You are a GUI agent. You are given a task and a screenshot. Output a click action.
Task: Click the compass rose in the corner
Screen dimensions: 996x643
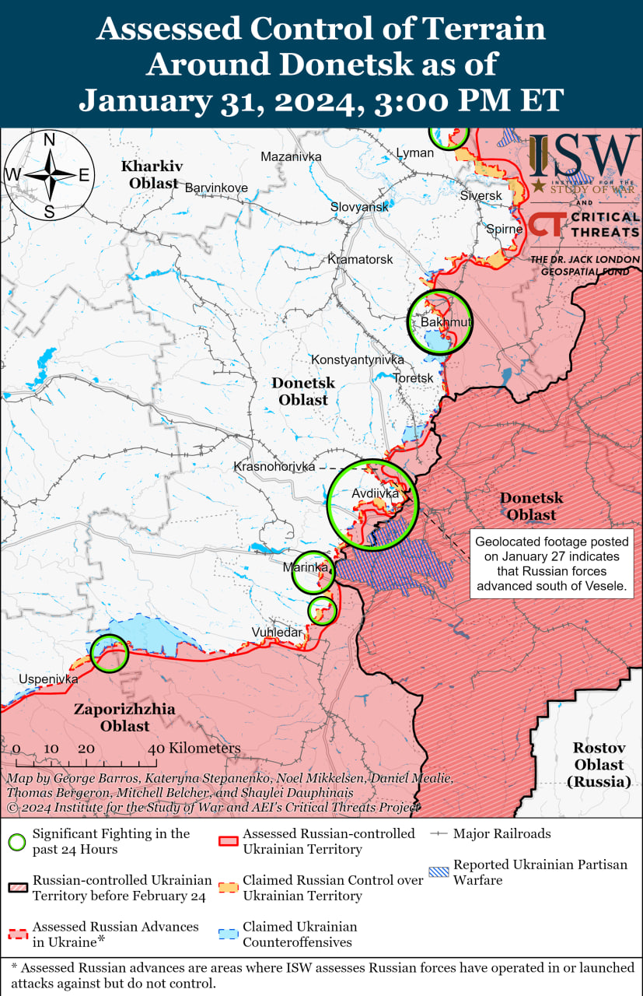[x=48, y=175]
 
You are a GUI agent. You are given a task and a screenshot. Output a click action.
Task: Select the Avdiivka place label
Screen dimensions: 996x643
[x=375, y=493]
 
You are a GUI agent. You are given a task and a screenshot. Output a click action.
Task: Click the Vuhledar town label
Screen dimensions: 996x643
[x=276, y=632]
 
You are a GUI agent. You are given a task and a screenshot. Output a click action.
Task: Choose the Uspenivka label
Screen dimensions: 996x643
[x=49, y=679]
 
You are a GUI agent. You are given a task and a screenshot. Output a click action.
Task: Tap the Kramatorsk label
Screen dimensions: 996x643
[x=361, y=259]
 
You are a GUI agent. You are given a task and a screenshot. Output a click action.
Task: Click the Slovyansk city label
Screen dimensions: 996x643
[x=359, y=207]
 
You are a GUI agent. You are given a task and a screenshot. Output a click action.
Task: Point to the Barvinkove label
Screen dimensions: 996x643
[x=216, y=188]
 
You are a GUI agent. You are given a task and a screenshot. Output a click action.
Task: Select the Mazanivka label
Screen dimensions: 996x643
[x=291, y=156]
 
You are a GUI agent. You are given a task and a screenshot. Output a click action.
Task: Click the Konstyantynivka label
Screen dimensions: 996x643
[x=358, y=359]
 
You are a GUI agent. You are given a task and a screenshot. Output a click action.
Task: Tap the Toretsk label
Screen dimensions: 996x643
[x=413, y=377]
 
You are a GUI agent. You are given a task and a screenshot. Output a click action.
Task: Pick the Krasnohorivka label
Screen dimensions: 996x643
[x=274, y=466]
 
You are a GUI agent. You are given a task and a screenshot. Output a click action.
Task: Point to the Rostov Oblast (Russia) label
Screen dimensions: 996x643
[x=599, y=765]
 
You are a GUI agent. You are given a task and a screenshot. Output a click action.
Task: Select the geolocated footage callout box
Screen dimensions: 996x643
[x=551, y=564]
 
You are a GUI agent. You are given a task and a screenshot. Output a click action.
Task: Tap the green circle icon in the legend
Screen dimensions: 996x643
[x=17, y=841]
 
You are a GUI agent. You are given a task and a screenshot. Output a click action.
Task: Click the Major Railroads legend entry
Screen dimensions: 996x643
[x=501, y=833]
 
